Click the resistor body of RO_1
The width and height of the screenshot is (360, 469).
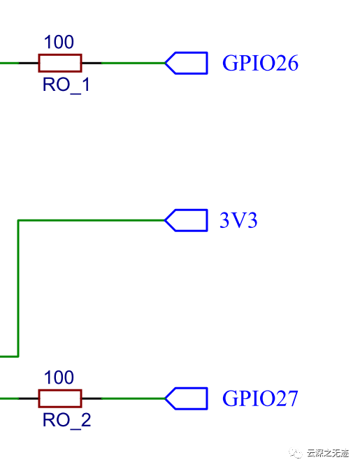pos(59,63)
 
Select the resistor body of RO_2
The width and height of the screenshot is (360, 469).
pos(59,398)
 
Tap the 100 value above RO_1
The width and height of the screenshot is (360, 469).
pos(59,43)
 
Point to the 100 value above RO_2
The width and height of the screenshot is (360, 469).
pos(59,378)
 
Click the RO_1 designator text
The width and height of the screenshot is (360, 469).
pos(66,85)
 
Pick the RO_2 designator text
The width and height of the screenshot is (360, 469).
pos(66,420)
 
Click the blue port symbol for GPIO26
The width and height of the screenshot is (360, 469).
pos(187,63)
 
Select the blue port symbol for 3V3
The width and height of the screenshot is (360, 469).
pos(187,220)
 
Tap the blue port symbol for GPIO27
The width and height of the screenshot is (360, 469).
pos(187,398)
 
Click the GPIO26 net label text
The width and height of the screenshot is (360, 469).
pos(260,64)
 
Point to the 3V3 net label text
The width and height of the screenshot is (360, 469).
pos(238,221)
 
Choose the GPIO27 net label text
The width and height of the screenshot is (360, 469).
pos(260,399)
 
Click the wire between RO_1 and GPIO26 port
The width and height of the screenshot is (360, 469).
pos(133,63)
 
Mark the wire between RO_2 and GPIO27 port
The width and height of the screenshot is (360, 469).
pos(133,398)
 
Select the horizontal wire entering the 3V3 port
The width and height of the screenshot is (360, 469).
pos(91,220)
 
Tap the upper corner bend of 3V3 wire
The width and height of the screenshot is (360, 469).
pos(17,220)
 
